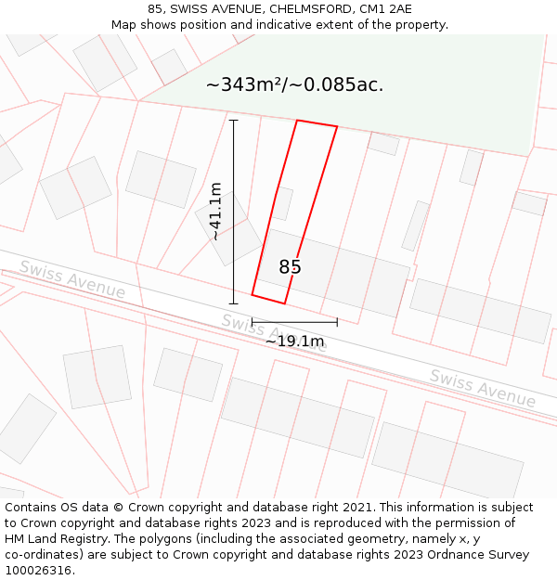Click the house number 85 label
point(291,267)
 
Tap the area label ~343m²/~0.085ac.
point(294,85)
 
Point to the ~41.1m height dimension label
point(216,212)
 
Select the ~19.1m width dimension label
point(294,342)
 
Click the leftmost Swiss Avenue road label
point(72,278)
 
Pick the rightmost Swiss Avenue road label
point(482,388)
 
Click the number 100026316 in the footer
point(39,570)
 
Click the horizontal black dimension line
point(294,322)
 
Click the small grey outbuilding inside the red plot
point(283,203)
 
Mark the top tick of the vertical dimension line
point(233,120)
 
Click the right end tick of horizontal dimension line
point(337,322)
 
